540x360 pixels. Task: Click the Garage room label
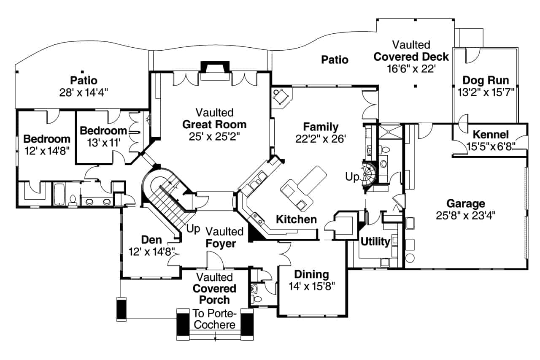tap(466, 204)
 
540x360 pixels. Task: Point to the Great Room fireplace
tap(215, 69)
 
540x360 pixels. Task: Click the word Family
tap(321, 127)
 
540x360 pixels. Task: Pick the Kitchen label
tap(296, 219)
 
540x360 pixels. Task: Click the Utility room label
tap(375, 242)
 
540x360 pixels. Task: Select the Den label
tap(151, 240)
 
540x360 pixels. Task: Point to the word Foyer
tap(221, 244)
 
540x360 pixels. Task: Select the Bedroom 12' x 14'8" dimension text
tap(46, 150)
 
